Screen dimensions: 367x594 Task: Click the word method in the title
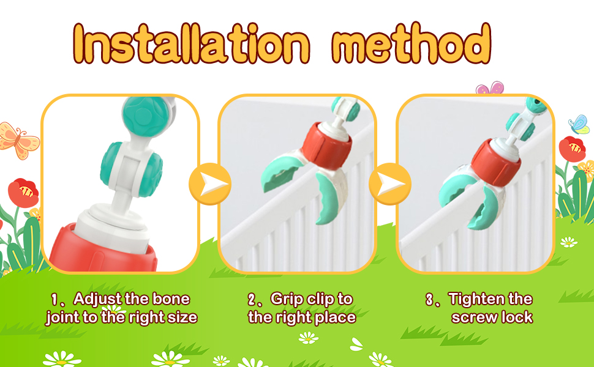[x=412, y=44]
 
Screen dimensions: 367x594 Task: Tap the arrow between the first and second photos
[x=209, y=183]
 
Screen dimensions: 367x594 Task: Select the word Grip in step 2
[x=287, y=299]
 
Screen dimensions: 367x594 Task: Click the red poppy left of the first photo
[x=23, y=192]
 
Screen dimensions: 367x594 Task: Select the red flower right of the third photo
[x=572, y=149]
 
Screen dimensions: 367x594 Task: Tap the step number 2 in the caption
[x=252, y=300]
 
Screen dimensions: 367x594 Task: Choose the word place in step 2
[x=336, y=317]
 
